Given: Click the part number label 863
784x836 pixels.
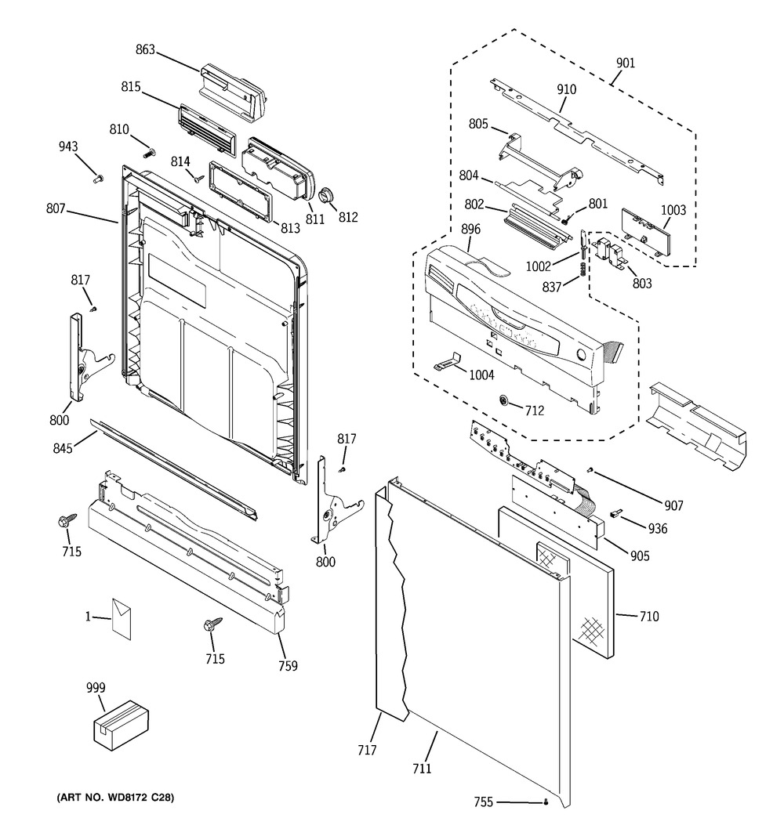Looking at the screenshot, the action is [x=145, y=49].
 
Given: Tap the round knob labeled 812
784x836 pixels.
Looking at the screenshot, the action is [x=326, y=195].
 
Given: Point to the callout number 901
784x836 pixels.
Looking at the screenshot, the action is [x=626, y=63].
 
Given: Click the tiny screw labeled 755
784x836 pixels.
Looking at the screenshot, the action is [x=546, y=802].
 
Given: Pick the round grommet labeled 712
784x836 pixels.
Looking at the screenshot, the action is [x=504, y=400].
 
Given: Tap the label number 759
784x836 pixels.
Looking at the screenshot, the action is [x=288, y=666].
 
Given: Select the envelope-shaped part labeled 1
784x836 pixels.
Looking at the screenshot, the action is [x=122, y=618].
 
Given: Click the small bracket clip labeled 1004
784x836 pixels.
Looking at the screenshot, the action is [x=448, y=360].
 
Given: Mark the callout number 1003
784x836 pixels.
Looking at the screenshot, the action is [x=673, y=210].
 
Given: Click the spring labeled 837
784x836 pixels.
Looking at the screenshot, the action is [x=583, y=269].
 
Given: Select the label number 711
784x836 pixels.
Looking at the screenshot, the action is [x=422, y=769].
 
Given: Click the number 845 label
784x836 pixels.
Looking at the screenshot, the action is [x=63, y=448].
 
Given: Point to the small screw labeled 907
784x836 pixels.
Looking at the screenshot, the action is [x=590, y=470].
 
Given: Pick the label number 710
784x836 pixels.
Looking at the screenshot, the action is [x=650, y=617].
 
